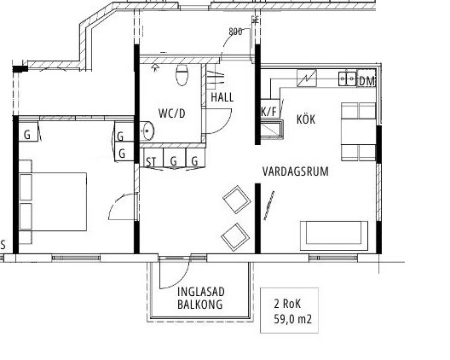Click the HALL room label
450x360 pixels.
pyautogui.click(x=222, y=97)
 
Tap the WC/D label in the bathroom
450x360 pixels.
pyautogui.click(x=172, y=113)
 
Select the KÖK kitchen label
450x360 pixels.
pyautogui.click(x=306, y=119)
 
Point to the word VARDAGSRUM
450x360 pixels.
pyautogui.click(x=295, y=171)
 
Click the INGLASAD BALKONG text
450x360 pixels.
pyautogui.click(x=200, y=298)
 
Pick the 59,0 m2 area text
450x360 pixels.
pyautogui.click(x=292, y=319)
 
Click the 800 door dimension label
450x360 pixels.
pyautogui.click(x=235, y=32)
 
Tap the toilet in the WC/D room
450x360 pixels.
pyautogui.click(x=182, y=75)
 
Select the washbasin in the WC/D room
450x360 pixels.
pyautogui.click(x=147, y=131)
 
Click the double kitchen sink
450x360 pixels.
pyautogui.click(x=347, y=78)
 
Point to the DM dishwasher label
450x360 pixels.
pyautogui.click(x=367, y=81)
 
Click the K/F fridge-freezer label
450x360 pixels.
pyautogui.click(x=269, y=112)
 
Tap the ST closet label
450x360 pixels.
pyautogui.click(x=151, y=162)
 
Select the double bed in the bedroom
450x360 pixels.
pyautogui.click(x=53, y=201)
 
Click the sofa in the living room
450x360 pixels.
pyautogui.click(x=334, y=235)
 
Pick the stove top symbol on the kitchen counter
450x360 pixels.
pyautogui.click(x=307, y=78)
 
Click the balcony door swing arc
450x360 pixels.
pyautogui.click(x=182, y=279)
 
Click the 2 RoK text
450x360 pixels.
pyautogui.click(x=287, y=304)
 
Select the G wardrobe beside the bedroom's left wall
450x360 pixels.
pyautogui.click(x=27, y=134)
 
